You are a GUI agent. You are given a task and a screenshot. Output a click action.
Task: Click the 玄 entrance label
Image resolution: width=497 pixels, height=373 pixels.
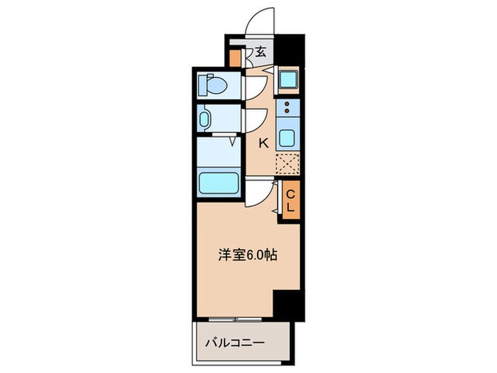[x=261, y=51]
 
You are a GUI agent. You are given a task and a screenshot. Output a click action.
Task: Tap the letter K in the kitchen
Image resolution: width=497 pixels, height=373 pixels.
[x=263, y=143]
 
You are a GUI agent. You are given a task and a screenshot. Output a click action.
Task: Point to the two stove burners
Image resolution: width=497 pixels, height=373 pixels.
[x=287, y=109]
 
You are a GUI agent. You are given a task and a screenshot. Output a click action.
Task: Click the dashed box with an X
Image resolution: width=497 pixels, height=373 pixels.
[x=288, y=163]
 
